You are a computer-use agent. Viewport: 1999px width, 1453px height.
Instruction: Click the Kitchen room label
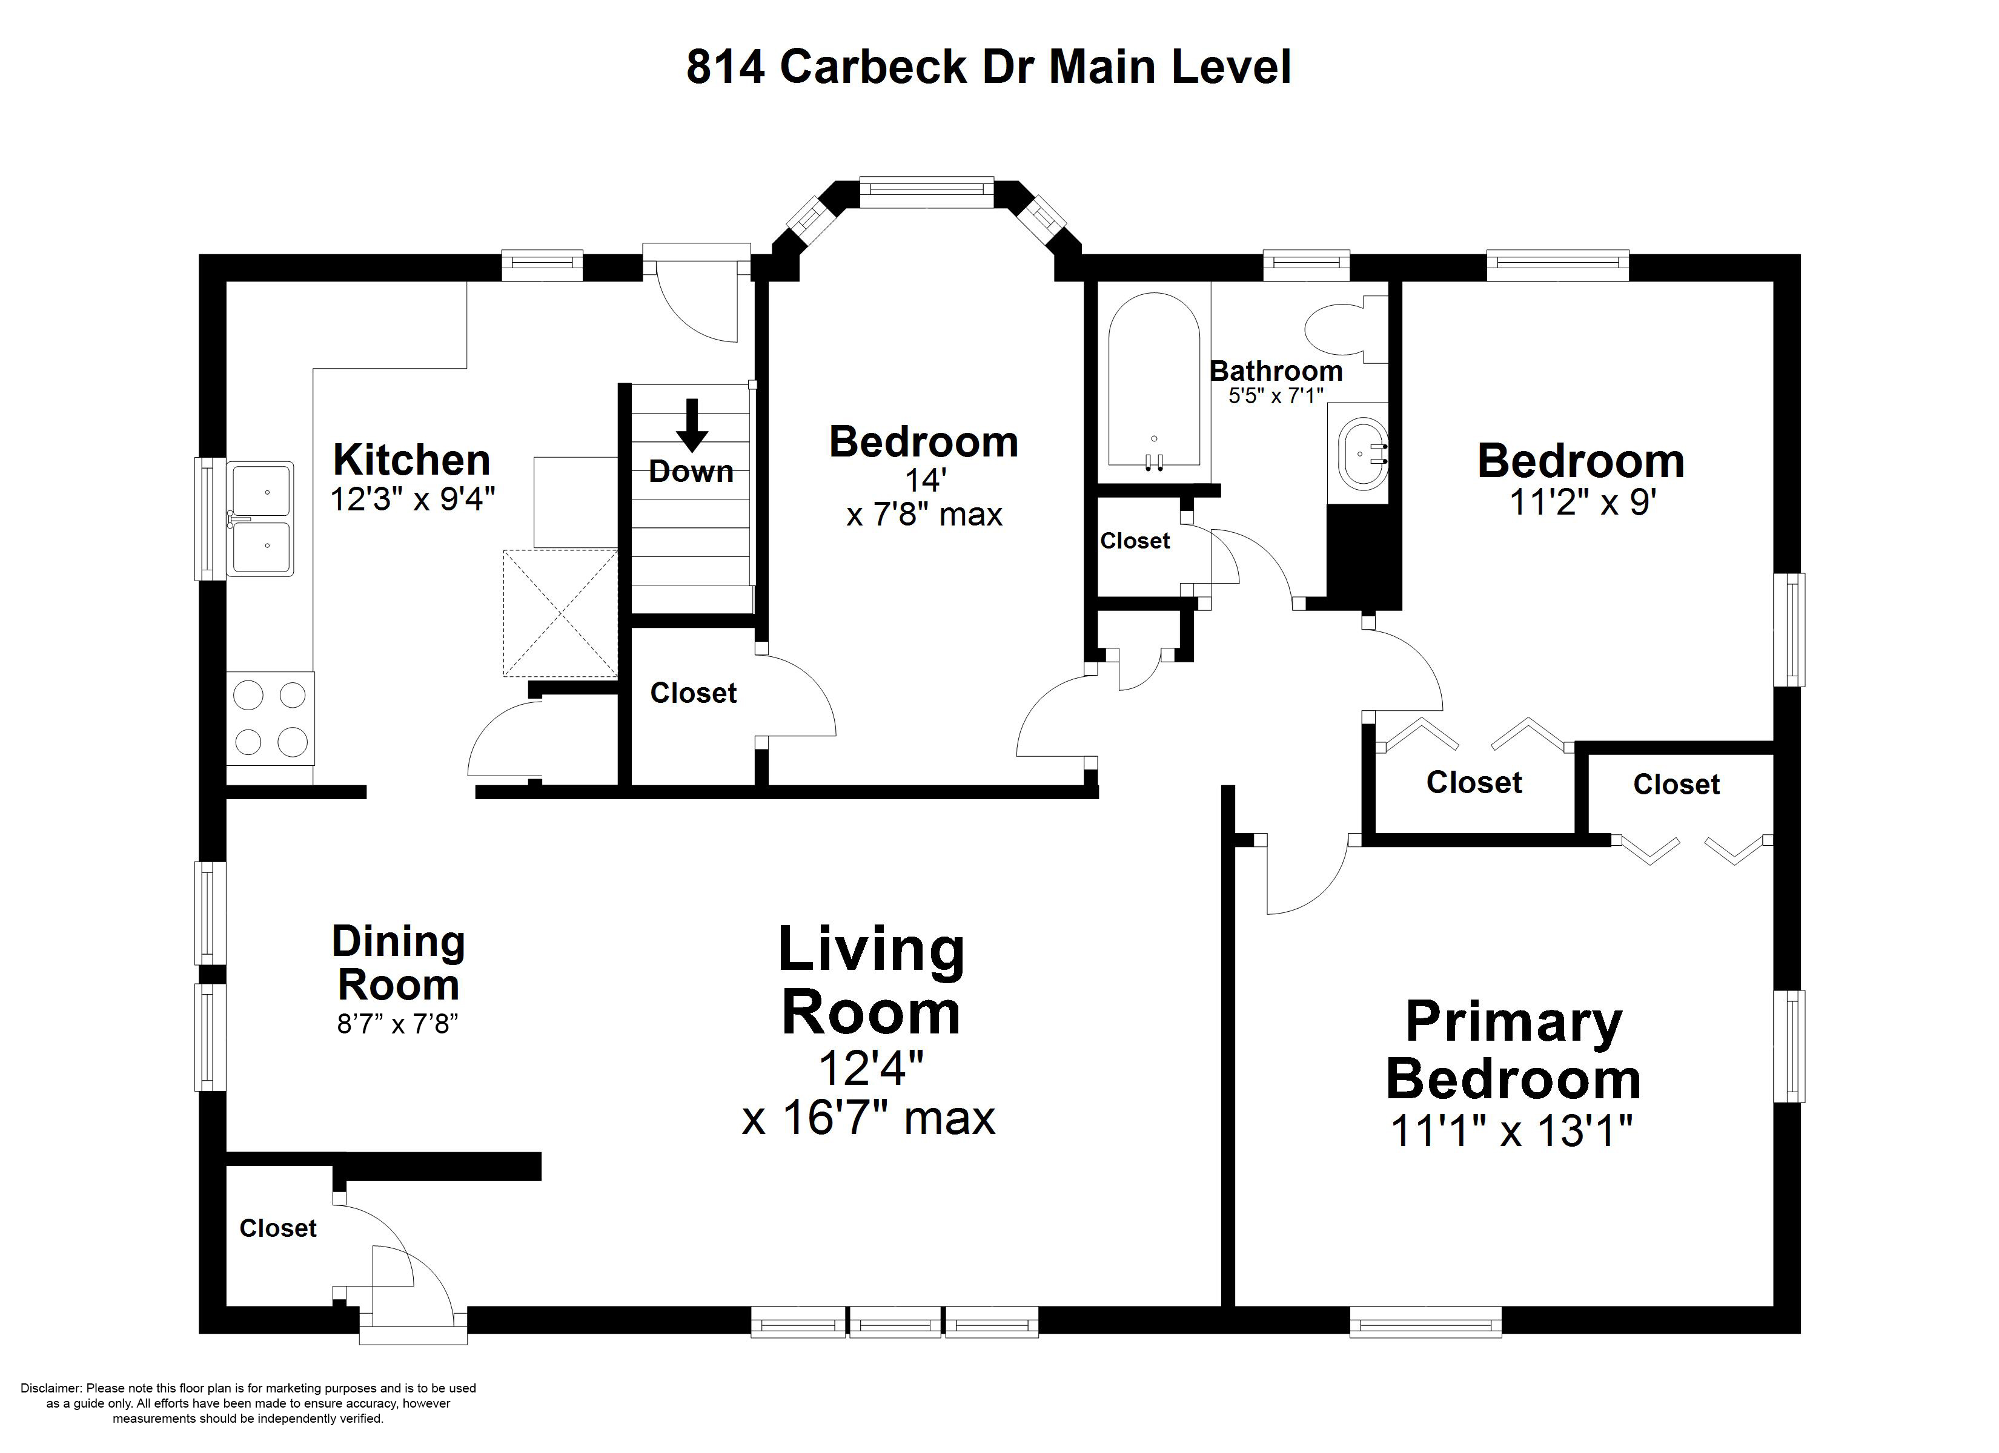(411, 460)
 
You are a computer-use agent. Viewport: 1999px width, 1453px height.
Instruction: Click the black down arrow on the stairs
(692, 426)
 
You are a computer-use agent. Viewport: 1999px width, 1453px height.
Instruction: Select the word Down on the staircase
(691, 472)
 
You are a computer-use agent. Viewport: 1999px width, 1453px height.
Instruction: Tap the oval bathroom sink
(1362, 453)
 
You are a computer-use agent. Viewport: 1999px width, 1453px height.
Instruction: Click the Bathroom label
(1275, 371)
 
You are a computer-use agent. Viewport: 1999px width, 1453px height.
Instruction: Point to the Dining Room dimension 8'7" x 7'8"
(399, 1024)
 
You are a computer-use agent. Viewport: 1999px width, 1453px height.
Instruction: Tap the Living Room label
(871, 981)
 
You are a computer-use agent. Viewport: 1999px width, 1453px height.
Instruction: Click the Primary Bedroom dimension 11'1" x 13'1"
(1511, 1130)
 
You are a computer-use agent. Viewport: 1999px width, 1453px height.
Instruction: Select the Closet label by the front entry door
(277, 1228)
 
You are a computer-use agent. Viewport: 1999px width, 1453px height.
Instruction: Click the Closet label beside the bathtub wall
(1135, 541)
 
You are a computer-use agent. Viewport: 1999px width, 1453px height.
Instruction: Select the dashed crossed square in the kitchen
(560, 613)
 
